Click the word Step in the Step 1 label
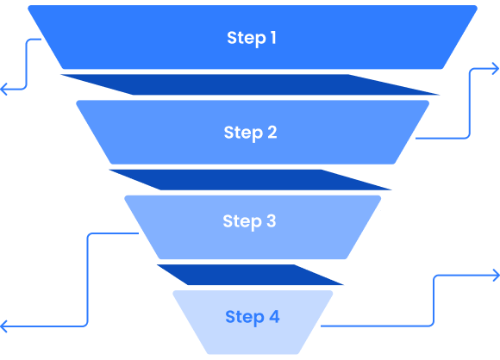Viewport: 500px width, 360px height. [x=247, y=38]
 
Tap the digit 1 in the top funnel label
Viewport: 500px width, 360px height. [x=273, y=37]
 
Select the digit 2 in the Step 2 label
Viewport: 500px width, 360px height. [x=272, y=132]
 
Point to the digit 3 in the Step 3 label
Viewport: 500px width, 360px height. [x=271, y=220]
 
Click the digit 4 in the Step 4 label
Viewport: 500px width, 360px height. [x=274, y=316]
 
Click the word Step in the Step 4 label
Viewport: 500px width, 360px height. [x=245, y=317]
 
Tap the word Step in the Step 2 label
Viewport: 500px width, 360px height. [x=243, y=133]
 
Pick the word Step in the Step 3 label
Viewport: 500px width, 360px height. [x=242, y=221]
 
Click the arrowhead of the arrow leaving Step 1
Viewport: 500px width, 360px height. [x=3, y=89]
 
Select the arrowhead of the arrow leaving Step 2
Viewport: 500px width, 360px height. [x=496, y=69]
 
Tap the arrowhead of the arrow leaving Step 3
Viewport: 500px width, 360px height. [x=3, y=326]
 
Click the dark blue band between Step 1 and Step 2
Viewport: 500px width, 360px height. [x=250, y=84]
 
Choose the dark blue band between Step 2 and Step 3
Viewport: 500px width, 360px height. [x=250, y=180]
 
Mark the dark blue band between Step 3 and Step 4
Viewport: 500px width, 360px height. [x=250, y=275]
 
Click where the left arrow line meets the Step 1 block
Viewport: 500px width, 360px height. [x=41, y=39]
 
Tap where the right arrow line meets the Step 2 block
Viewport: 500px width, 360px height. [x=416, y=139]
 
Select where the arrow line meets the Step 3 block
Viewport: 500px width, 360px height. [x=139, y=233]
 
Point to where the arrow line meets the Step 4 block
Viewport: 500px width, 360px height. [x=321, y=326]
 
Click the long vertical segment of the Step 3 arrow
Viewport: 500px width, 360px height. [x=87, y=280]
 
